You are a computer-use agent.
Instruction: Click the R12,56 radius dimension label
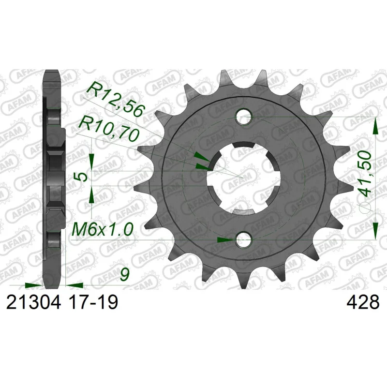click(115, 99)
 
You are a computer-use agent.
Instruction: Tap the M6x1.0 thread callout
click(102, 229)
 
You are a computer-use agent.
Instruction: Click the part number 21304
click(33, 302)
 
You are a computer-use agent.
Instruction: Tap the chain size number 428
click(363, 302)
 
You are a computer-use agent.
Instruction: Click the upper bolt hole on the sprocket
click(243, 117)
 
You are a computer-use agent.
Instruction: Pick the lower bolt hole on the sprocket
click(243, 239)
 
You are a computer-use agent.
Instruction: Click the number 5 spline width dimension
click(83, 177)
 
